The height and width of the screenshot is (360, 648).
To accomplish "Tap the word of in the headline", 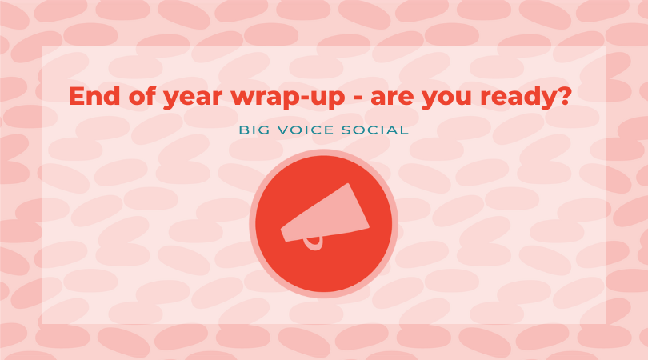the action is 142,95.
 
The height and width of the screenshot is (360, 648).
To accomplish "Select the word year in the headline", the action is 193,98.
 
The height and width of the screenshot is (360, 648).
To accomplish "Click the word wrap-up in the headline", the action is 288,98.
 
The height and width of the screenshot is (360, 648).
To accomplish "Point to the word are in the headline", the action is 392,98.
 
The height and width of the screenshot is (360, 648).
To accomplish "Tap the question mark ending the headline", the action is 562,95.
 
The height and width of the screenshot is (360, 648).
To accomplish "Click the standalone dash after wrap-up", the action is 358,98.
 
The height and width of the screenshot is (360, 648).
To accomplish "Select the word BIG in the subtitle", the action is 254,130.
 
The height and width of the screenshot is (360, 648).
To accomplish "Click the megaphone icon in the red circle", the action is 325,216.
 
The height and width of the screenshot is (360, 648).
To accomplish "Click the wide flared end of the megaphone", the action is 358,206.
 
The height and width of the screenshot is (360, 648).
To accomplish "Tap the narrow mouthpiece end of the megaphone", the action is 283,234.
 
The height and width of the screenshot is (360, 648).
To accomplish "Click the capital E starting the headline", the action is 76,96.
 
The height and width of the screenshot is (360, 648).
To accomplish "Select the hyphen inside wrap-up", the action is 297,98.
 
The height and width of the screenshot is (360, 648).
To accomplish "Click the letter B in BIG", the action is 243,130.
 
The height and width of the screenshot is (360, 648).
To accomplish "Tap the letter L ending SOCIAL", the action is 404,130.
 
